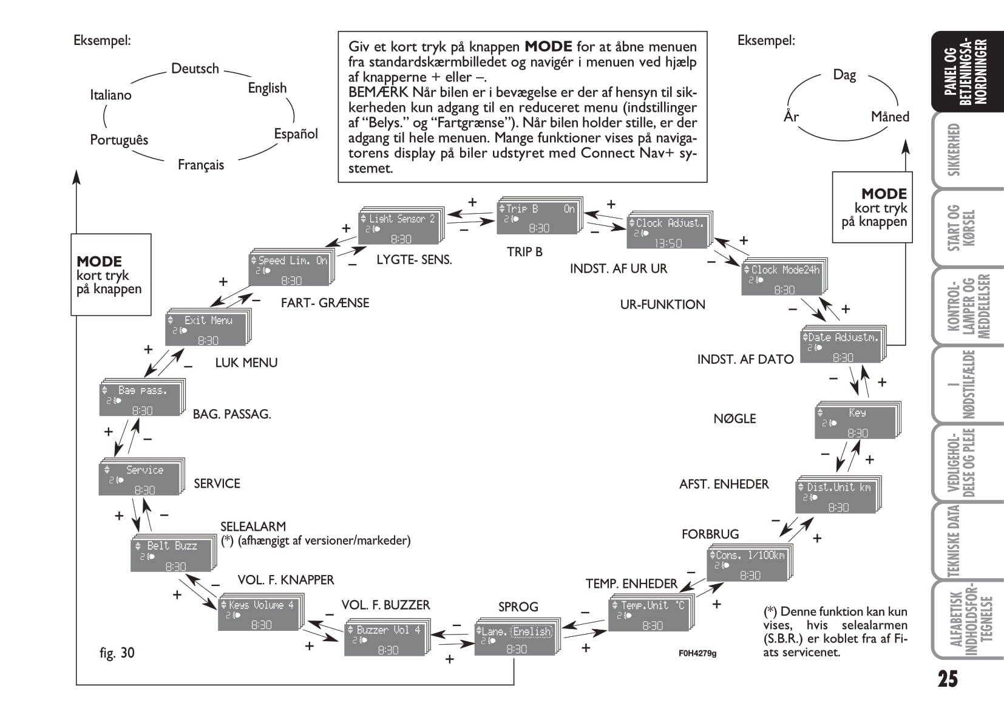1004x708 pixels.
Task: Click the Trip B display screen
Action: tap(538, 217)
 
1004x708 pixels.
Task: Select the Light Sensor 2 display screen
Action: tap(401, 228)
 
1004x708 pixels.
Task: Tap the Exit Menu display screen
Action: tap(206, 330)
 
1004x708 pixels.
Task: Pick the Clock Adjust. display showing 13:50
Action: tap(667, 233)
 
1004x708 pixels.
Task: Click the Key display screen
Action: tap(856, 422)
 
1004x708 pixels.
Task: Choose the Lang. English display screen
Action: tap(515, 639)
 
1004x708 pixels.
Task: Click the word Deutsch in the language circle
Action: tap(195, 69)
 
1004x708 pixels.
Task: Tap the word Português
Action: tap(119, 140)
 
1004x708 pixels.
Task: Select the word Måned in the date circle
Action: tap(890, 116)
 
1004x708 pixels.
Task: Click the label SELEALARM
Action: tap(253, 526)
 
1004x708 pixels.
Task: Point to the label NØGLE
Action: tap(734, 418)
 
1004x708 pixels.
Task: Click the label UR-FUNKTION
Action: tap(662, 304)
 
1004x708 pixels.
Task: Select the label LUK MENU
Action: tap(246, 363)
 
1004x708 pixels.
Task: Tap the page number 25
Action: tap(948, 678)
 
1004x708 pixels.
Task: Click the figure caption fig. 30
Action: tap(117, 653)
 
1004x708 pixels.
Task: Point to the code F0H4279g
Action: tap(697, 653)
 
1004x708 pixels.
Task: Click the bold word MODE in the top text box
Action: tap(548, 47)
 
